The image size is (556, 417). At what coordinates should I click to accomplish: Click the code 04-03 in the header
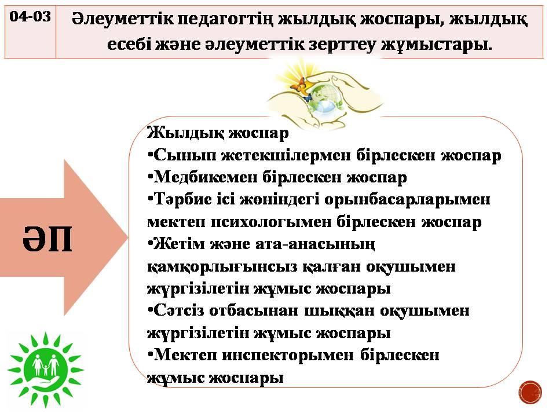pyautogui.click(x=30, y=16)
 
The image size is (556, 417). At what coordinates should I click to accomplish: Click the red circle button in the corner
pyautogui.click(x=530, y=392)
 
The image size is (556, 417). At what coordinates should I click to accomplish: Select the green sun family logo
pyautogui.click(x=45, y=369)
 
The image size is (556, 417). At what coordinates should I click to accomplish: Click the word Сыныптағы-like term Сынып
pyautogui.click(x=185, y=155)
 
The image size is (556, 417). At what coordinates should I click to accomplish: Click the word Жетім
pyautogui.click(x=179, y=244)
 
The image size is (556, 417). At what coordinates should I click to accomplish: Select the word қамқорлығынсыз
pyautogui.click(x=222, y=266)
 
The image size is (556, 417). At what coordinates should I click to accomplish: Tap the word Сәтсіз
pyautogui.click(x=179, y=310)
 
